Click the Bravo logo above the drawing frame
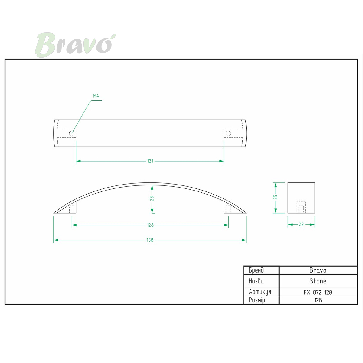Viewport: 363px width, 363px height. (75, 45)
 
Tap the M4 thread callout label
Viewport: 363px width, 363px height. (96, 96)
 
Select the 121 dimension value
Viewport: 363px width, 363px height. (150, 161)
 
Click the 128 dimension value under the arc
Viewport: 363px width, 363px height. (150, 225)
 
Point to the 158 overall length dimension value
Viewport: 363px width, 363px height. (150, 240)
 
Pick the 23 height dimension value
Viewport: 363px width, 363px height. (152, 198)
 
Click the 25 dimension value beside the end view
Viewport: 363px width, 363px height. (276, 197)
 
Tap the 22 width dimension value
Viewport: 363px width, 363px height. (301, 224)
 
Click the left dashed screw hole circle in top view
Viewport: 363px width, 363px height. (72, 133)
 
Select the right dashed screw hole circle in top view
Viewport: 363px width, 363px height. (228, 133)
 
